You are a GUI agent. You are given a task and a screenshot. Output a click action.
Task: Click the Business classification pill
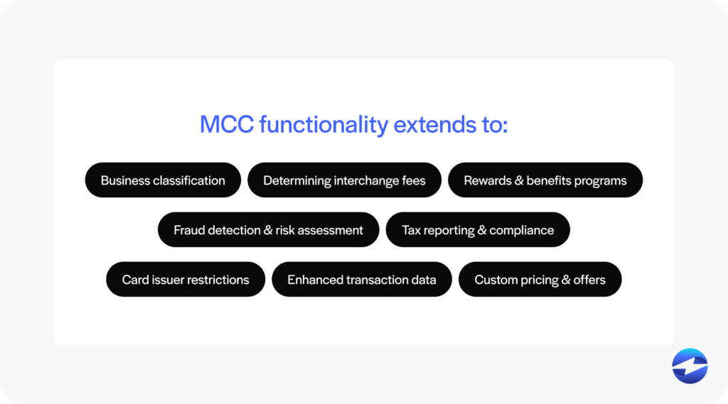point(163,180)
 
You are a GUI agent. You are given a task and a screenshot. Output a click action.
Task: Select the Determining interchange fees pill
point(344,180)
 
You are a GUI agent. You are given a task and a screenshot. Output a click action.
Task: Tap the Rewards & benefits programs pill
point(545,180)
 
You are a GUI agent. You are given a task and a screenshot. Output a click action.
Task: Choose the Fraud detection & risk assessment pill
point(268,230)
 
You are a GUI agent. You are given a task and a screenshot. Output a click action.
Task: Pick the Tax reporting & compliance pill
point(478,230)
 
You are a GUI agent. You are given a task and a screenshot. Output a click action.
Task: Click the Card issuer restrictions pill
point(186,280)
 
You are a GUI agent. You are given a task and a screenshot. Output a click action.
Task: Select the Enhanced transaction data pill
point(361,280)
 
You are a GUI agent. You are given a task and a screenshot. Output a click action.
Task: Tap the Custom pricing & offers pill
point(540,280)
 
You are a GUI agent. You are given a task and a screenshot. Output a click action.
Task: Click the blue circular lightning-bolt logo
point(690,366)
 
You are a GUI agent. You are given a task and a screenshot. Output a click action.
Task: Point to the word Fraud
point(189,230)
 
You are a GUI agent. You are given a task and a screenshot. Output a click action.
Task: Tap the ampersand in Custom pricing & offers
point(566,280)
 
